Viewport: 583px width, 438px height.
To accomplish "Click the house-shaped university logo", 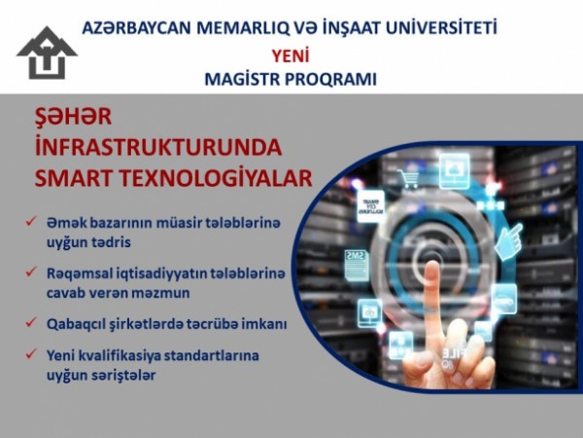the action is tap(47, 53).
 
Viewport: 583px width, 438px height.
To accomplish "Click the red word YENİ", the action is tap(291, 56).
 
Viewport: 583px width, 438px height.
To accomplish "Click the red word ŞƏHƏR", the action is tap(73, 116).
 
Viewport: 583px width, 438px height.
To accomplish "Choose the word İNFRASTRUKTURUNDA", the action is tap(158, 147).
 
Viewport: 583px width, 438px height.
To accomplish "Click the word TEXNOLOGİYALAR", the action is tap(216, 178).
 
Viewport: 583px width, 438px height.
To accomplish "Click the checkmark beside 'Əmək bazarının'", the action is tap(30, 221).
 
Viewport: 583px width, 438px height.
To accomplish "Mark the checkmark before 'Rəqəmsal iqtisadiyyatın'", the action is tap(30, 272).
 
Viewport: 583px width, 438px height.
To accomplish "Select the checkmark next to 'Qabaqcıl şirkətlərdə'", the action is tap(30, 322).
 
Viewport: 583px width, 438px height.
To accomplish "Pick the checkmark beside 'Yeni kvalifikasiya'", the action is tap(30, 353).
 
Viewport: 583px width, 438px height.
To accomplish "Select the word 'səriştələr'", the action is tap(127, 375).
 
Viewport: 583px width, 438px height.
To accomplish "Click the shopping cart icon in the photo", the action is tap(408, 179).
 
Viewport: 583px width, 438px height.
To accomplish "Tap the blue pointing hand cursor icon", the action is tap(508, 241).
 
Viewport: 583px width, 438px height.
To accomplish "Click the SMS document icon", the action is tap(357, 265).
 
